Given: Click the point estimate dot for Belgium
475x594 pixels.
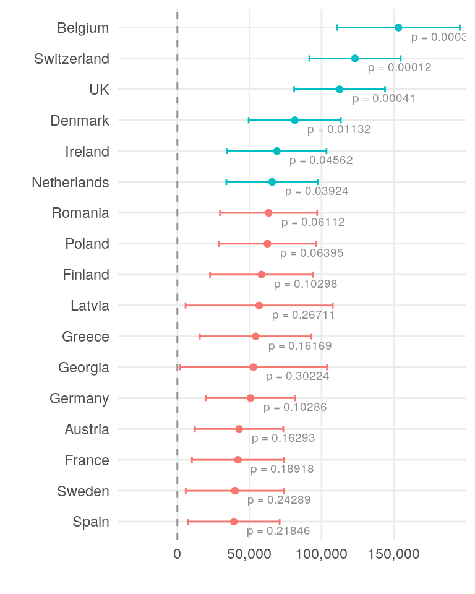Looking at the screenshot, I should point(398,27).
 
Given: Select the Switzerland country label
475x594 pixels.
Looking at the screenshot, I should point(72,59).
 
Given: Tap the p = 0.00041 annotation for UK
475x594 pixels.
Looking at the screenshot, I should point(383,98).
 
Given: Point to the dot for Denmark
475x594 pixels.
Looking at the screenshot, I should point(294,120).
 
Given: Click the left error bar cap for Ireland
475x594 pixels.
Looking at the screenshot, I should point(227,151).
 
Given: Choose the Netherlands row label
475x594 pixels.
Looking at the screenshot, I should point(71,183).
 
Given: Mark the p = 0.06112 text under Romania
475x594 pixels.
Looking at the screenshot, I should point(313,222).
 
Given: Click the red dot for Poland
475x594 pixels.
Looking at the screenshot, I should point(267,244).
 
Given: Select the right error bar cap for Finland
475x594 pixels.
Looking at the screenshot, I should point(313,274).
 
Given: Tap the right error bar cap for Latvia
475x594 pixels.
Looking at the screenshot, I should point(333,305).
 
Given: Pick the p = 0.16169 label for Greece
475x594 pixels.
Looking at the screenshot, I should point(300,345).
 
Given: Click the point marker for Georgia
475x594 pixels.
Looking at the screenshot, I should point(253,367).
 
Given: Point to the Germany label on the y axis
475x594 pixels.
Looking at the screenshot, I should point(79,398).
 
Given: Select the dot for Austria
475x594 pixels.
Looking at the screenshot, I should point(239,429).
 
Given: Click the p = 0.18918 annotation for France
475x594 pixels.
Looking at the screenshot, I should point(282,469).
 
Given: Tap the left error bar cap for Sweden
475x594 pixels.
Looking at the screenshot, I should point(186,491).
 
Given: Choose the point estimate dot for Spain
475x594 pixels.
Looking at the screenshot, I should point(234,522).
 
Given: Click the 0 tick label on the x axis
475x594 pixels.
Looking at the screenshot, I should point(178,554).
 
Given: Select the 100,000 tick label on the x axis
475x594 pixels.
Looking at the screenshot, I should point(322,554).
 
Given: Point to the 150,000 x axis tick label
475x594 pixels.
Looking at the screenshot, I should point(394,554).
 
